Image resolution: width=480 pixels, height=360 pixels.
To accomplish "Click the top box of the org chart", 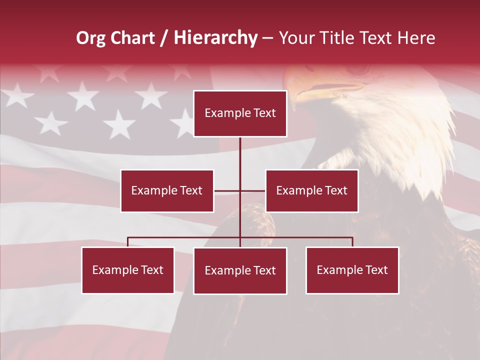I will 240,113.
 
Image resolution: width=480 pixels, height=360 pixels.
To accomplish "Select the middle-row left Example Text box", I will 167,190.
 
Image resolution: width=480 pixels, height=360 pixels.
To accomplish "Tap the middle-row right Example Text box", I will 311,190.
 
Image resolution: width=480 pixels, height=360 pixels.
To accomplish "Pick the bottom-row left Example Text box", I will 128,270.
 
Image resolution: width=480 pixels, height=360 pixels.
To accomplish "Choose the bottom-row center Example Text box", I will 240,270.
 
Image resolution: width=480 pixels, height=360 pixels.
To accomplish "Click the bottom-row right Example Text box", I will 352,270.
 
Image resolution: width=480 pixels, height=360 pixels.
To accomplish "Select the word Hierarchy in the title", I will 215,38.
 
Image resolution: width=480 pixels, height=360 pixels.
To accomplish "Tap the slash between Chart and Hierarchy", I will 164,38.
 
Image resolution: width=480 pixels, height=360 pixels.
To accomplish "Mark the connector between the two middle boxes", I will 239,190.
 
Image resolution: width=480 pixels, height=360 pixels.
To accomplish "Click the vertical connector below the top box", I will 240,155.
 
